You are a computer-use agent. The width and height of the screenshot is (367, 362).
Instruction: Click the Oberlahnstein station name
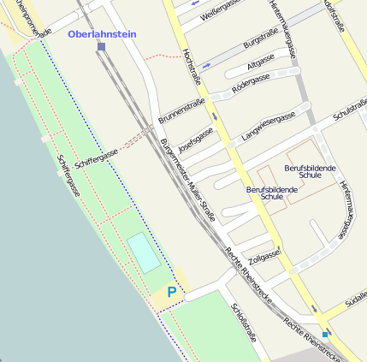[101, 34]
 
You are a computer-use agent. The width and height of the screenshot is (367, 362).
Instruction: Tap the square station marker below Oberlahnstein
[101, 47]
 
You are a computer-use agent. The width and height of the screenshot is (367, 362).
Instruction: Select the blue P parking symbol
[172, 292]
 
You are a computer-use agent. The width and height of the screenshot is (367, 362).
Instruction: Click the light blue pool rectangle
[144, 252]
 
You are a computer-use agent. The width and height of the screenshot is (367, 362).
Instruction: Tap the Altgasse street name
[260, 62]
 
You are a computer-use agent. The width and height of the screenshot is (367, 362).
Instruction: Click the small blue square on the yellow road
[325, 332]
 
